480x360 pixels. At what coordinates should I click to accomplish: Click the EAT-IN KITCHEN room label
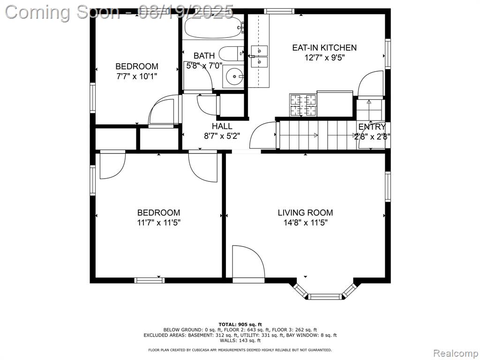click(x=324, y=48)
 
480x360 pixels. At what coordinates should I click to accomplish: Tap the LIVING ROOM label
click(x=305, y=212)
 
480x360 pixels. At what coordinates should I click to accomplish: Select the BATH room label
click(x=204, y=56)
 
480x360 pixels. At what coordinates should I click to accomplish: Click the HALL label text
click(x=222, y=126)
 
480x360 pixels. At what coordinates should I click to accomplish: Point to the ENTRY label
click(x=372, y=127)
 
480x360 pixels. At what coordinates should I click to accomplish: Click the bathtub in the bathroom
click(x=214, y=27)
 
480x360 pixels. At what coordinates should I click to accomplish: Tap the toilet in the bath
click(x=232, y=53)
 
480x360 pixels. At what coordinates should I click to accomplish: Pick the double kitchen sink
click(x=259, y=56)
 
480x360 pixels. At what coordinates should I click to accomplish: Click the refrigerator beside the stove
click(x=335, y=104)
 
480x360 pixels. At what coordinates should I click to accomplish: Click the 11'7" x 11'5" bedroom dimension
click(x=158, y=223)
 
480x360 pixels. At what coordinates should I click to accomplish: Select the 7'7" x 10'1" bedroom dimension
click(x=136, y=76)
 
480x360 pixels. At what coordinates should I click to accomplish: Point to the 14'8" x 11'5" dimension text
click(x=305, y=223)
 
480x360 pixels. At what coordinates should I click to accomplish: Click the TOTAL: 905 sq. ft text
click(x=240, y=324)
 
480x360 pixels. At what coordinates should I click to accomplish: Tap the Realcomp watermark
click(x=456, y=353)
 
